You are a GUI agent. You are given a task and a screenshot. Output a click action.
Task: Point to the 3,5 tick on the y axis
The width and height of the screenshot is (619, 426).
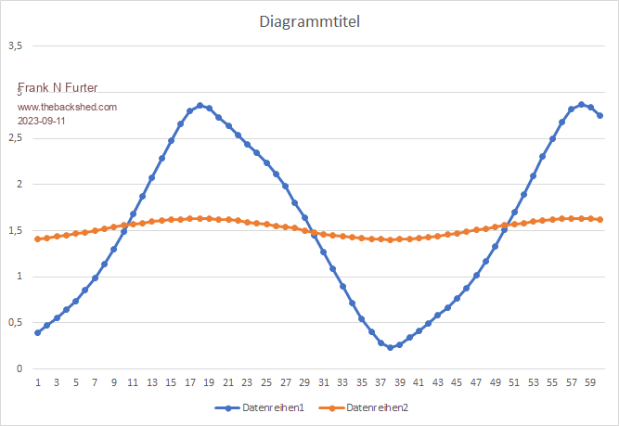click(x=16, y=45)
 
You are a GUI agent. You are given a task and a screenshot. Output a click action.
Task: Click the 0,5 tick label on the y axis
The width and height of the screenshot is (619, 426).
click(x=16, y=322)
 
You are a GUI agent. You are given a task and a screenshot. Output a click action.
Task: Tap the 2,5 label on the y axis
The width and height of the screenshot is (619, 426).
click(x=16, y=137)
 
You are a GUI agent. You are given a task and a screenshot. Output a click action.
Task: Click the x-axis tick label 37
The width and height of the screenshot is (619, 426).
click(x=380, y=382)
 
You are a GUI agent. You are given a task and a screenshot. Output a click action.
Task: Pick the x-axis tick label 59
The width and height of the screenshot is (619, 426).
click(x=590, y=382)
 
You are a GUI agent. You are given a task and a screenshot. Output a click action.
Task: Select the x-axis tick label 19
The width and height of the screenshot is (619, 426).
click(x=209, y=382)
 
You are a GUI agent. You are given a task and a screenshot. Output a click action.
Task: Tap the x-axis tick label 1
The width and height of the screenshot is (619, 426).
click(x=38, y=382)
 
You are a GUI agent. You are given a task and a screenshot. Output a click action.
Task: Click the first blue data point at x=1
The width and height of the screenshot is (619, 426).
click(x=38, y=332)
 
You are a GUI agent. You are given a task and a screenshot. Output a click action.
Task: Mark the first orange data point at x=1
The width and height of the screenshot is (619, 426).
click(x=38, y=239)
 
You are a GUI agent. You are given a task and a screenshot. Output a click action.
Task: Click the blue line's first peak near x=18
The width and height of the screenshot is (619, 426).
click(x=200, y=106)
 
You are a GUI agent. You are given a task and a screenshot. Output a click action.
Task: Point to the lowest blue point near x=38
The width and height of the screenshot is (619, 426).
click(x=390, y=347)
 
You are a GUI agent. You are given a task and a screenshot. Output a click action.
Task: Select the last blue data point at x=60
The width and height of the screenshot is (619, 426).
click(x=600, y=116)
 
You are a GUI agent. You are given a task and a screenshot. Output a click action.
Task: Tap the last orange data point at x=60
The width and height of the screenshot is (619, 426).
click(x=600, y=219)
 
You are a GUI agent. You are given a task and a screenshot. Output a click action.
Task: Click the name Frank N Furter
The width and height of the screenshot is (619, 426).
click(x=58, y=89)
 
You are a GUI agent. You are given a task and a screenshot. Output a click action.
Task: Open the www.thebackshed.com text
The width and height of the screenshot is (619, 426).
click(x=68, y=107)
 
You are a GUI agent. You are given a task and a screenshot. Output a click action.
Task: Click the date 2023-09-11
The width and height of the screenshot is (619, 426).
click(x=42, y=121)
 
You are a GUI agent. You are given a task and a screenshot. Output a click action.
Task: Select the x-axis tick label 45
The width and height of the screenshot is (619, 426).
click(x=457, y=382)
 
